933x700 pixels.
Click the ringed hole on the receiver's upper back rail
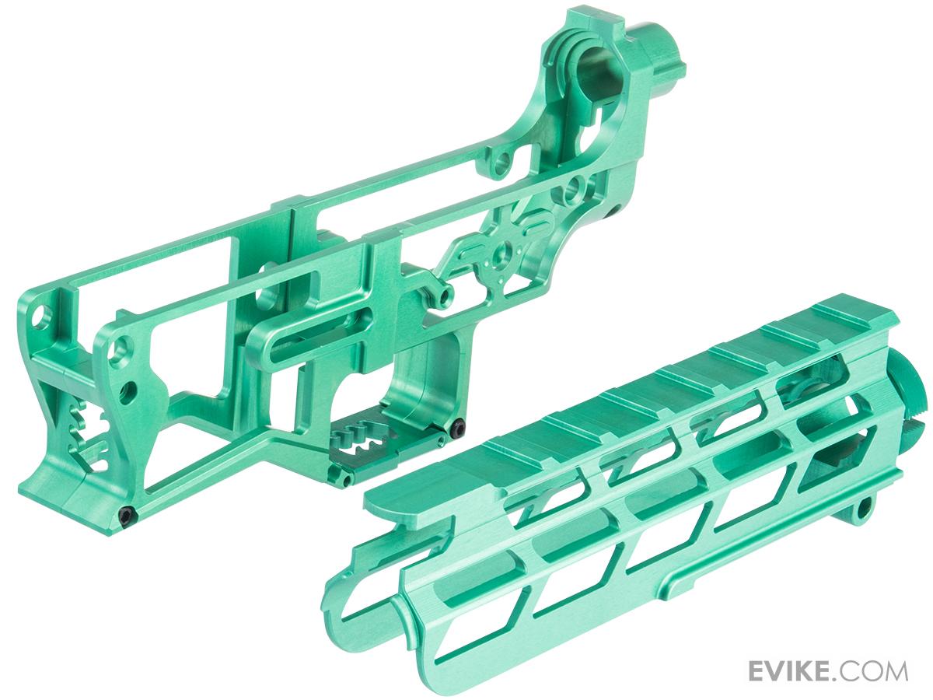506,161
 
